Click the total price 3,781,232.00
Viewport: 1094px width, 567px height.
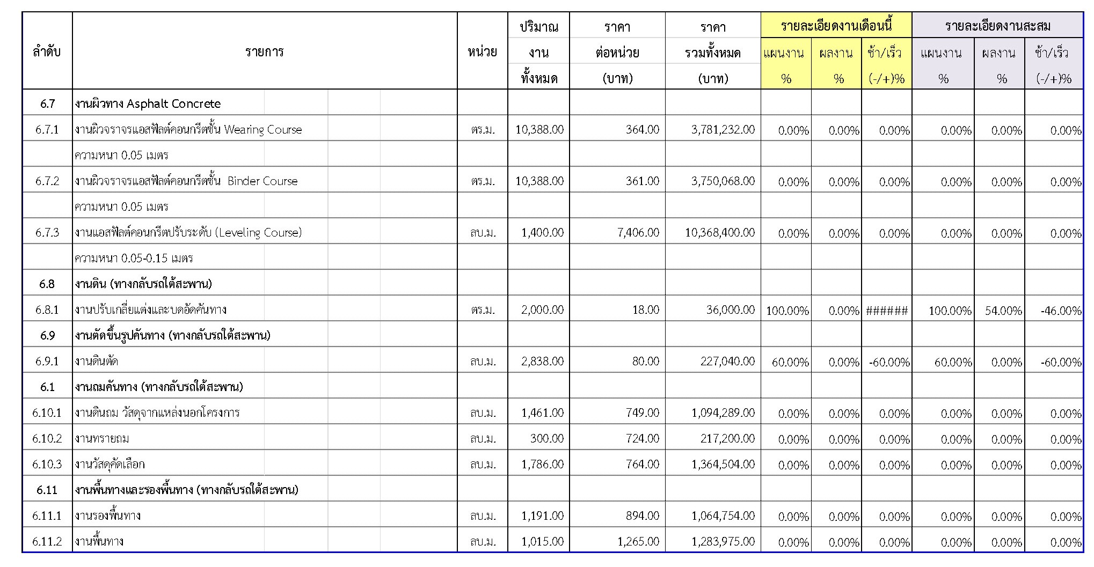tap(723, 129)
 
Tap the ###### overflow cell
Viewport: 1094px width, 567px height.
tap(887, 311)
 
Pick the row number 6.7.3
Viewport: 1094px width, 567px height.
tap(47, 232)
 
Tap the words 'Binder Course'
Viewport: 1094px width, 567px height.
tap(262, 181)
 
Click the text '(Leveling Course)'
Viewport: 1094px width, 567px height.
tap(259, 232)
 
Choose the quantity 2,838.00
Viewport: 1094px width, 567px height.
tap(542, 361)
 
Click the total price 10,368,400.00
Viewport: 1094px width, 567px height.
tap(720, 232)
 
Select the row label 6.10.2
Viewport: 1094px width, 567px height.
tap(47, 438)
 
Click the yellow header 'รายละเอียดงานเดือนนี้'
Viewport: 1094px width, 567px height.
tap(836, 26)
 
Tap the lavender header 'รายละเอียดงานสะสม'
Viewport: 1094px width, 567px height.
tap(997, 26)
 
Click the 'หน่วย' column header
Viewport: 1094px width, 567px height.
tap(482, 52)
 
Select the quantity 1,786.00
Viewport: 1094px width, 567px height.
tap(542, 464)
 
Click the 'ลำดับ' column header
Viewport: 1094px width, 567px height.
tap(47, 52)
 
